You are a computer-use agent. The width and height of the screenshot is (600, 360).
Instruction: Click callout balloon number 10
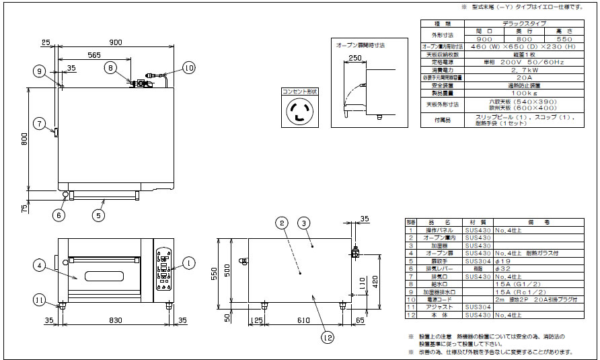188,67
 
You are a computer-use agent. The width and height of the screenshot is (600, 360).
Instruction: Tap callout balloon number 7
40,123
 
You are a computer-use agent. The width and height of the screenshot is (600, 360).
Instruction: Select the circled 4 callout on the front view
40,265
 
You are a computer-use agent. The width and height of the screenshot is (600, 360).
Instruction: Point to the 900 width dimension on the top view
116,42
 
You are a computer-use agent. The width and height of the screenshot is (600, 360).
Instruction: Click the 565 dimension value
93,55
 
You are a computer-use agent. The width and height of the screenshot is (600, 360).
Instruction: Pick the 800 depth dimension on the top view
24,139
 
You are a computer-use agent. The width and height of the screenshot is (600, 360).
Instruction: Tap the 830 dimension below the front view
116,322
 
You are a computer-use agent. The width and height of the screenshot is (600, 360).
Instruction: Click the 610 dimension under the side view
305,322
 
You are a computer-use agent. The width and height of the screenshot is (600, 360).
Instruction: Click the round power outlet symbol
299,112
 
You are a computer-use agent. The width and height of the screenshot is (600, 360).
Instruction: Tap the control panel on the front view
163,268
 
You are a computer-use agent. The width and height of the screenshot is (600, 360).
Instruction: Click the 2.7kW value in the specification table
506,69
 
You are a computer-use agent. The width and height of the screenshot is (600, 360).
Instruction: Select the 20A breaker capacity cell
506,77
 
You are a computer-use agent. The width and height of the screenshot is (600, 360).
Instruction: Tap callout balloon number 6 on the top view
59,215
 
